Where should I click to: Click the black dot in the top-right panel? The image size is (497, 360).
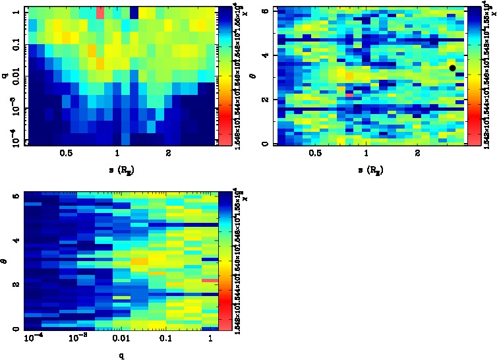[452, 68]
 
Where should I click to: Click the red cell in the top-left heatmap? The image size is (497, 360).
[100, 13]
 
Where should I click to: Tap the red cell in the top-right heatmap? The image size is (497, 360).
[349, 95]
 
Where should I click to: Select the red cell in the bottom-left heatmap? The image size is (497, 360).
[210, 280]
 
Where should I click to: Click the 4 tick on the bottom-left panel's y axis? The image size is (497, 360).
[16, 241]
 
